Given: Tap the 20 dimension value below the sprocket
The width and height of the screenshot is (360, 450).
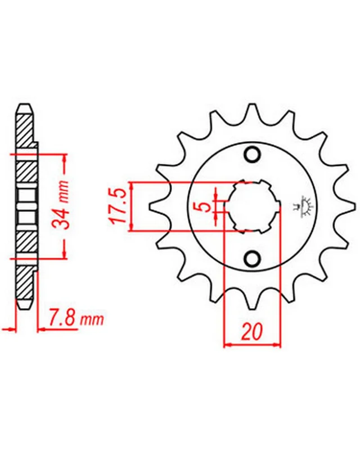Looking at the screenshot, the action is pos(252,331).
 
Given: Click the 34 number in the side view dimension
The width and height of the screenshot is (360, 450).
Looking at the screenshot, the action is pos(62,217).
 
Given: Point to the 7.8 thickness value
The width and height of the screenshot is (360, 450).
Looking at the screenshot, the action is pos(63,317).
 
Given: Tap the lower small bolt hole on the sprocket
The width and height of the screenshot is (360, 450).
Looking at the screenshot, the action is pos(253,258).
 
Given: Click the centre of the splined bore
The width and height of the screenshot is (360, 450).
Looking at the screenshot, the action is pos(253,206).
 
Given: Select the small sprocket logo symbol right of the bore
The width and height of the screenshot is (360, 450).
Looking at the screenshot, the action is pos(304,206).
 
